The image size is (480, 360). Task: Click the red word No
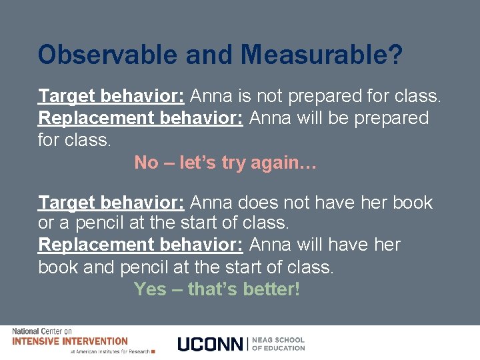146,162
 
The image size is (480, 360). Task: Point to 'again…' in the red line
283,162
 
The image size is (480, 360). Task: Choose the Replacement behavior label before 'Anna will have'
141,245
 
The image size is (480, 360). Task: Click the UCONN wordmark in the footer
211,344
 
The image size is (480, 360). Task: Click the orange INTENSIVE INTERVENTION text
70,341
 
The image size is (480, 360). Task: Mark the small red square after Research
153,351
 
